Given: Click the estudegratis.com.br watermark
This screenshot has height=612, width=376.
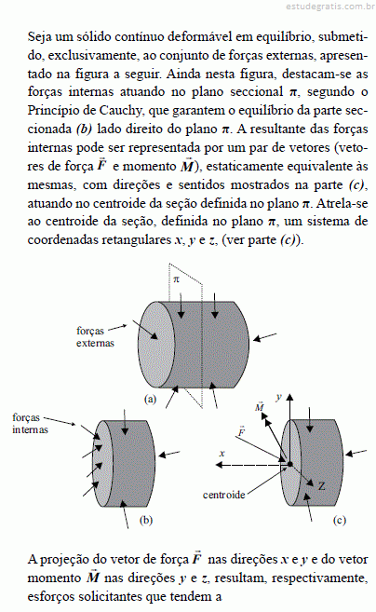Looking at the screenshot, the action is pos(330,7).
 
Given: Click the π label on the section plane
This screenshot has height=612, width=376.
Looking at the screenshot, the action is pos(176,279).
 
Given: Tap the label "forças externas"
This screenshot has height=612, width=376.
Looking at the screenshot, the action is pos(95,337).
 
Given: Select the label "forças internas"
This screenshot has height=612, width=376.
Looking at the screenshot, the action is pos(30,424).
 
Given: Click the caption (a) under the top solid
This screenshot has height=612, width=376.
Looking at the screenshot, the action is pos(150,399).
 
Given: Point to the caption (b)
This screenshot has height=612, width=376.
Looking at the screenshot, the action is pos(146,520).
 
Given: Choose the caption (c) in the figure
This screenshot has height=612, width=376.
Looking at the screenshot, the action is pos(340,520).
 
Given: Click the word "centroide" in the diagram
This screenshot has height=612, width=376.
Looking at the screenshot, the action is pos(224,495).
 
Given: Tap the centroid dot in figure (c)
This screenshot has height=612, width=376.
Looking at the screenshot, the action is pos(289,464).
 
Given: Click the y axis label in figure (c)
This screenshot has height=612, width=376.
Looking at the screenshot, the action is pos(278,398).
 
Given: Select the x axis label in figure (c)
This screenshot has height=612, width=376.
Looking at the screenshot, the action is pos(222,454).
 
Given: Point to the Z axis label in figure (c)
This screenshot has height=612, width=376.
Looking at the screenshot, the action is pos(321,486).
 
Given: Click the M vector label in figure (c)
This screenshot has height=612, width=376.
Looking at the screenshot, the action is pos(260,406).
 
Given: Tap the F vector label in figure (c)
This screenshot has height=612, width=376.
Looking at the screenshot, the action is pos(241,431).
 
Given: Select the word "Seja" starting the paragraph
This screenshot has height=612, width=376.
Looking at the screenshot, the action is pos(40,37).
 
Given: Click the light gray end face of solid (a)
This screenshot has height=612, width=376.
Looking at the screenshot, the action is pos(156,345).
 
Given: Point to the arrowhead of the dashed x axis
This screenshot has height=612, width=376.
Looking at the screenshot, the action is pos(220,465).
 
